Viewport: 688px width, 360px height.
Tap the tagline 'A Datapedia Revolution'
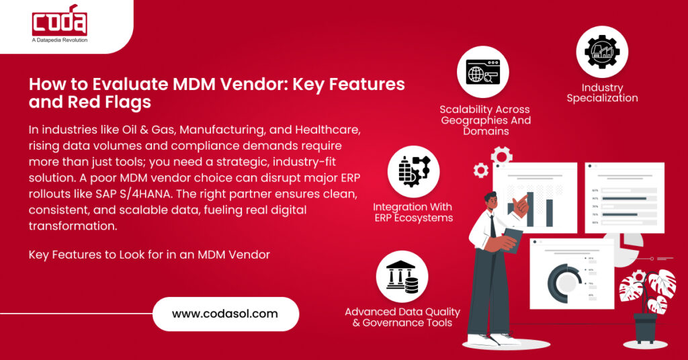[60, 40]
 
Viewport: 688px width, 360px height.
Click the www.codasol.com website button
[225, 313]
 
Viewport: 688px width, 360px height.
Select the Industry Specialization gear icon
[602, 52]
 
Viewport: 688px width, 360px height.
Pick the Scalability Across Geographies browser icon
[482, 72]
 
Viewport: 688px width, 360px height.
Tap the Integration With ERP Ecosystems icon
[414, 171]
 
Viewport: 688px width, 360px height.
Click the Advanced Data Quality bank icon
[402, 276]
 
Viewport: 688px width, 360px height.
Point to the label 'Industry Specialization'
[602, 93]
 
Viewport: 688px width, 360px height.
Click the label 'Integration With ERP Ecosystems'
[413, 212]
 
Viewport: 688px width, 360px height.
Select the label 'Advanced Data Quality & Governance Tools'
[402, 317]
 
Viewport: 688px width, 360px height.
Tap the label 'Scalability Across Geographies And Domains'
[485, 120]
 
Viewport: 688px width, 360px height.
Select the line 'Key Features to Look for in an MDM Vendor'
[149, 255]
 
